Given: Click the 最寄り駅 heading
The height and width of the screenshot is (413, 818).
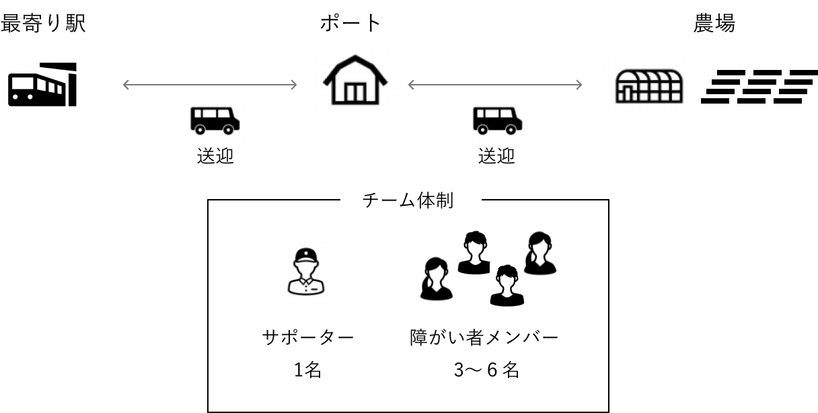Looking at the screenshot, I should pyautogui.click(x=43, y=24).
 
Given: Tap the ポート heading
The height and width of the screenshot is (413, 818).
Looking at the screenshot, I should pyautogui.click(x=350, y=24).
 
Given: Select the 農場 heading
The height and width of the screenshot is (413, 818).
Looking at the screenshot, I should pyautogui.click(x=714, y=24).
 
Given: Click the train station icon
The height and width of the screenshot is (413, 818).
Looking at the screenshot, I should pyautogui.click(x=43, y=85).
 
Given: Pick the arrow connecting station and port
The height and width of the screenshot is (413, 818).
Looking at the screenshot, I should pyautogui.click(x=210, y=85).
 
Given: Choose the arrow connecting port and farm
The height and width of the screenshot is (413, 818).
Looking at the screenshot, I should pyautogui.click(x=495, y=85).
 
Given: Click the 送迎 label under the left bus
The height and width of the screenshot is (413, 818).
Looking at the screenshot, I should pyautogui.click(x=215, y=157).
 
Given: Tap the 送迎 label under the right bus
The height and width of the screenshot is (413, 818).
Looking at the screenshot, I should pyautogui.click(x=496, y=157).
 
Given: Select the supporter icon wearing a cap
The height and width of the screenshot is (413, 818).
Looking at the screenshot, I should pyautogui.click(x=306, y=272).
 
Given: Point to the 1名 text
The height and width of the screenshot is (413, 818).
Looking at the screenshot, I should pyautogui.click(x=307, y=369).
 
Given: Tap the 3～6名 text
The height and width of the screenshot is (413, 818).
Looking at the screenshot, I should pyautogui.click(x=486, y=369).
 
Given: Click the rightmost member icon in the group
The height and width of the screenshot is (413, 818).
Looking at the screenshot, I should pyautogui.click(x=540, y=253).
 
